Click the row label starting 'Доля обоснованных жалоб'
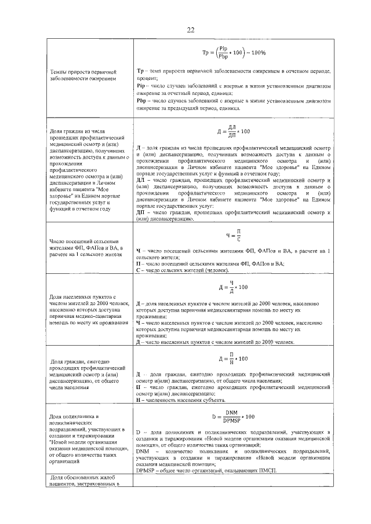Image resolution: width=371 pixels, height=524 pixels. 83,479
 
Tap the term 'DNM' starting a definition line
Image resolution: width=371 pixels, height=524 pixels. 143,450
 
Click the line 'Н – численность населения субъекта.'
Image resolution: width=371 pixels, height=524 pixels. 180,400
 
